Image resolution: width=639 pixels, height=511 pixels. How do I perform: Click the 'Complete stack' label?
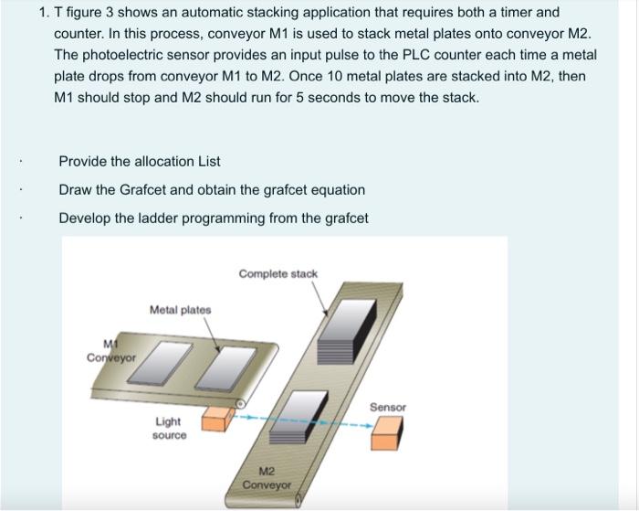click(x=278, y=273)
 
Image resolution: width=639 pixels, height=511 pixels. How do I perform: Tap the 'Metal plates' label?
click(x=180, y=310)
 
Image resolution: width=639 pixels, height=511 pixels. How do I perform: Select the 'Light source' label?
click(x=168, y=428)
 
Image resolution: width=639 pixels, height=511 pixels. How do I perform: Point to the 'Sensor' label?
click(x=388, y=407)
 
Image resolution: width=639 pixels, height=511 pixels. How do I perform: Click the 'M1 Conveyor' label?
click(x=110, y=352)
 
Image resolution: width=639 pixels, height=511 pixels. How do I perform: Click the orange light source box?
click(x=215, y=419)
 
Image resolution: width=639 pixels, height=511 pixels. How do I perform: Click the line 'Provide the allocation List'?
click(x=140, y=161)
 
